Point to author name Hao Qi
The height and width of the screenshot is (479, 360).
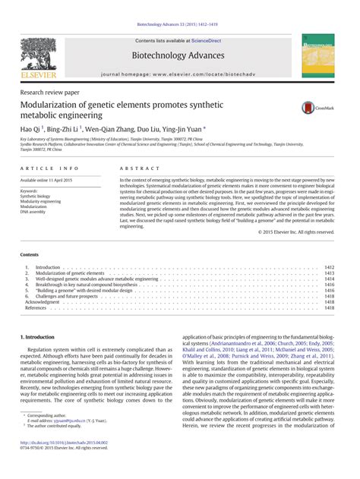coord(30,130)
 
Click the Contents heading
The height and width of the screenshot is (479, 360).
coord(30,255)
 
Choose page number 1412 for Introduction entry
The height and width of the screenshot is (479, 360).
coord(329,268)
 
